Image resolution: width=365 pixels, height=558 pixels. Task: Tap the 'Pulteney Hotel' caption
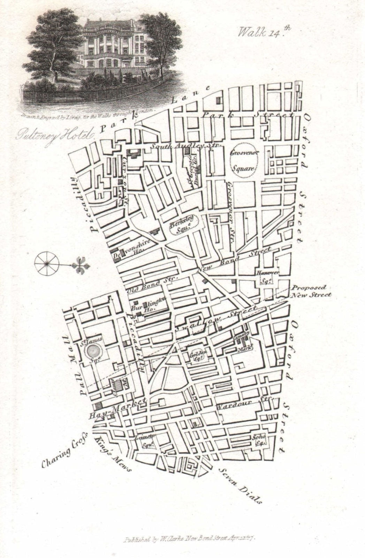53,134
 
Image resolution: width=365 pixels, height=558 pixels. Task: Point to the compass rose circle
46,264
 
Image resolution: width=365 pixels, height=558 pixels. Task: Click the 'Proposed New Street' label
310,291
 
